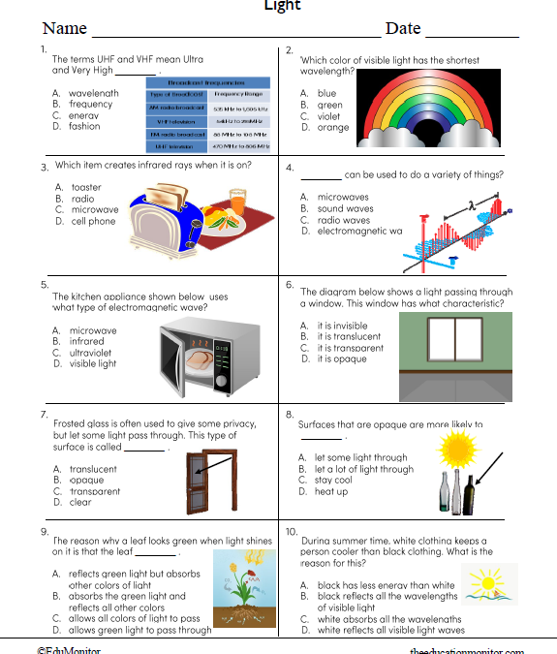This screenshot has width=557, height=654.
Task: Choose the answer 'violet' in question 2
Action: coord(328,116)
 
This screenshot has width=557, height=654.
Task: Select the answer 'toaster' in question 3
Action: coord(85,187)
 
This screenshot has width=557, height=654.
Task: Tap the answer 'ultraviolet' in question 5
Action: coord(93,353)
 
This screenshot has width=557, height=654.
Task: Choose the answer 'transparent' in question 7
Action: coord(94,491)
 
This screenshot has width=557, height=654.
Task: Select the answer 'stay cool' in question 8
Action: coord(333,480)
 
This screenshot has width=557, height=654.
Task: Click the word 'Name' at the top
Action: coord(65,28)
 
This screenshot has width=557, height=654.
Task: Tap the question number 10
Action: coord(292,531)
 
